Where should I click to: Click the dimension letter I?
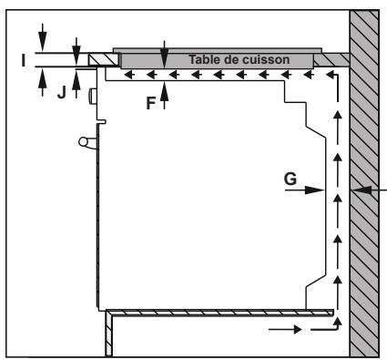click(23, 60)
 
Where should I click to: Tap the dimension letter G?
click(289, 180)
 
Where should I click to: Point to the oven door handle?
click(84, 141)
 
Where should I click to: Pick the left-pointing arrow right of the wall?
click(374, 190)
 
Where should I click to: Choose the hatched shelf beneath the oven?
click(219, 313)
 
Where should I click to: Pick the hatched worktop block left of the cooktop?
click(100, 59)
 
